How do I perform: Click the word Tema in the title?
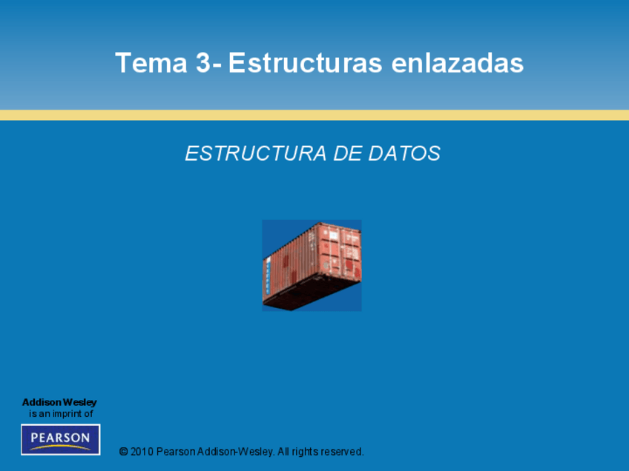coord(151,63)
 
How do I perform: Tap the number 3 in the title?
coord(203,63)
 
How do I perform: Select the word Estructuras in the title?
coord(305,63)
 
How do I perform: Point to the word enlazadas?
coord(458,63)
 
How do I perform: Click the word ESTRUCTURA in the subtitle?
coord(255,153)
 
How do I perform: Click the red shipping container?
coord(312,265)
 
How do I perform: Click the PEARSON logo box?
coord(61,439)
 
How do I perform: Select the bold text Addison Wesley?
coord(59,402)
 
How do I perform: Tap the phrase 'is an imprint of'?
coord(61,414)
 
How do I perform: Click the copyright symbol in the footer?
coord(124,452)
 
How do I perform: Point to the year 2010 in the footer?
coord(142,452)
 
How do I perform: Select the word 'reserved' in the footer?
coord(342,452)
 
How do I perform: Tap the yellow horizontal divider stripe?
coord(314,115)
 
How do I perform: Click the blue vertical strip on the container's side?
coord(268,276)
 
